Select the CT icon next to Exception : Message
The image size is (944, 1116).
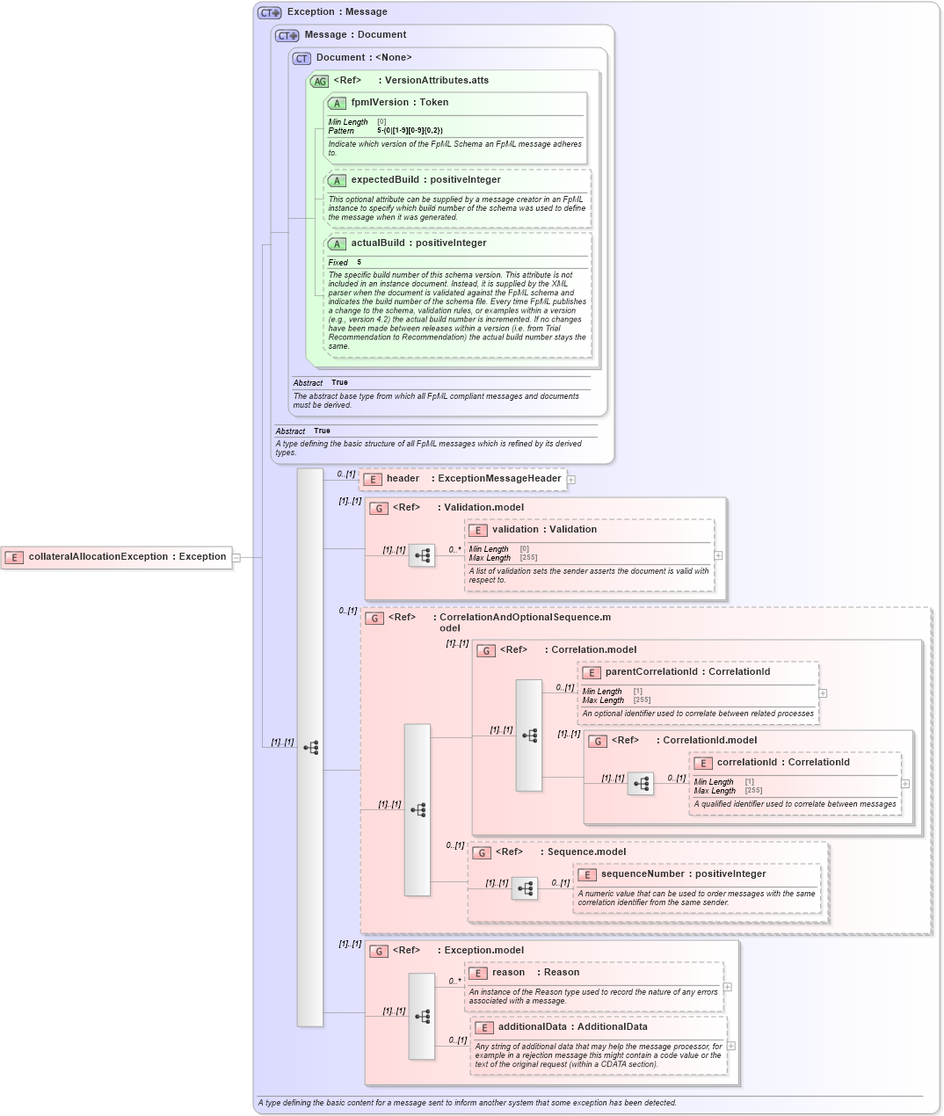tap(269, 12)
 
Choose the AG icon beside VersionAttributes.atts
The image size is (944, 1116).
tap(319, 81)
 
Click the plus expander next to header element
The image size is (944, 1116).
tap(571, 480)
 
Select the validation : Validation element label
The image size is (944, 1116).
tap(544, 530)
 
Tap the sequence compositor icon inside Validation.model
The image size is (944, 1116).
tap(422, 555)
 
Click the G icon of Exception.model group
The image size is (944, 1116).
tap(379, 951)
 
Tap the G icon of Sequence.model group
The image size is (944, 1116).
tap(482, 852)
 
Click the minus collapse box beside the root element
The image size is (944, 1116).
tap(236, 557)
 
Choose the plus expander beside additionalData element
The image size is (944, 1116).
tap(731, 1046)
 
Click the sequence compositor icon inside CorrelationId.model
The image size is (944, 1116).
tap(641, 784)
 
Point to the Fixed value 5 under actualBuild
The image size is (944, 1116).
tap(359, 263)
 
